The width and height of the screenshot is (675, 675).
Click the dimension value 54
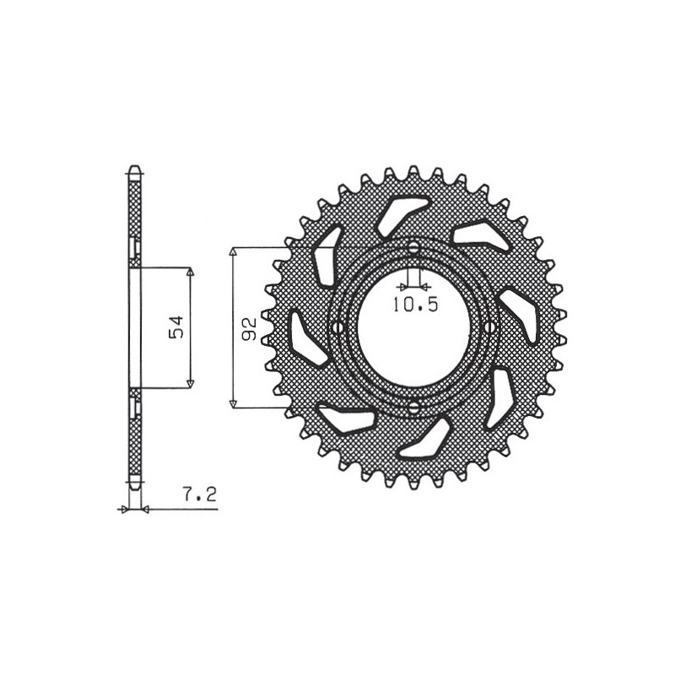click(x=176, y=327)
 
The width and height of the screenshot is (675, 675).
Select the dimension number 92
click(x=249, y=328)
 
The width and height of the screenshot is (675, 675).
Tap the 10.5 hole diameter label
click(x=415, y=305)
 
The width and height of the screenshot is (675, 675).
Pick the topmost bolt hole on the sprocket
click(x=413, y=247)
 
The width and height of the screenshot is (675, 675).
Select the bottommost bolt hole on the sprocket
click(x=413, y=408)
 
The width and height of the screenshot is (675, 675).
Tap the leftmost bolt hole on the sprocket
click(x=339, y=327)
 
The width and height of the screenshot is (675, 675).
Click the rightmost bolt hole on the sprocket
click(x=489, y=327)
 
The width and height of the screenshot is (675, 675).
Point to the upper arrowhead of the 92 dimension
click(x=234, y=252)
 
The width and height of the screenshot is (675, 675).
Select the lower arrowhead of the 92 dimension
click(x=234, y=404)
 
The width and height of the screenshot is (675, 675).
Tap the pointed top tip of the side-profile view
click(x=133, y=165)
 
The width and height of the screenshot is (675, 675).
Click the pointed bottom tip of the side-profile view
click(x=133, y=490)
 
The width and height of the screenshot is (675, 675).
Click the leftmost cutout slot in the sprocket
click(x=305, y=338)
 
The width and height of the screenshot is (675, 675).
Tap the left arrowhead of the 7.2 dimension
click(x=124, y=509)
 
